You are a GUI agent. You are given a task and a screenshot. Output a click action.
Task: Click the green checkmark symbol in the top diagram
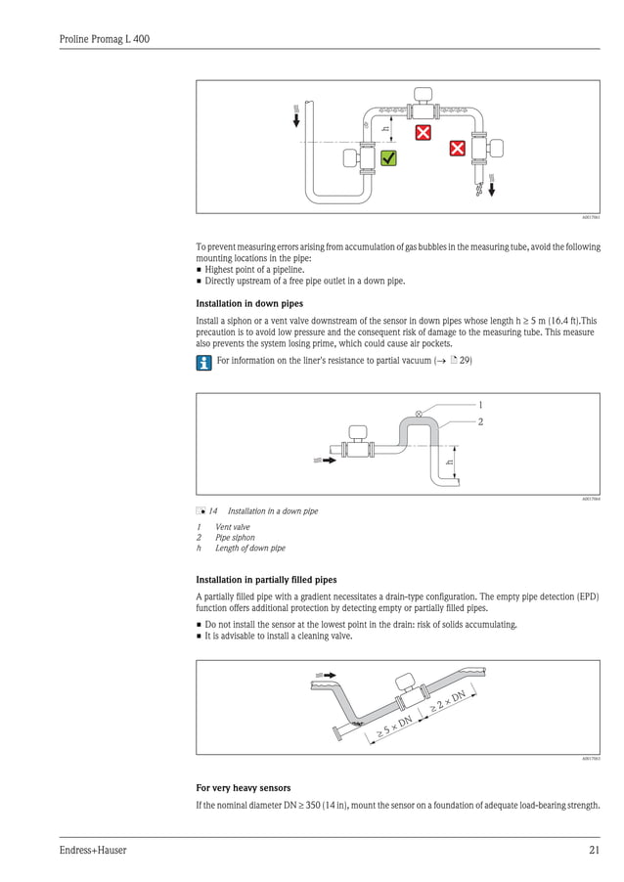pos(388,157)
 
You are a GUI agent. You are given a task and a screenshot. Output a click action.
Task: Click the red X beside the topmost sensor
pos(423,133)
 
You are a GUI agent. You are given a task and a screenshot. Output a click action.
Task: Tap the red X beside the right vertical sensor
pos(457,149)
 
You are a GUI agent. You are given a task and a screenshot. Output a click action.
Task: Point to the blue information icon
pos(203,363)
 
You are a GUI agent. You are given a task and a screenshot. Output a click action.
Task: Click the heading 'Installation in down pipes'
pos(249,303)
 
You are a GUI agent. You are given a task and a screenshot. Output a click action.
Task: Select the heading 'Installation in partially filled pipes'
pos(266,580)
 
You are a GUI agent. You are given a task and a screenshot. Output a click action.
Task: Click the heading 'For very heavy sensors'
pos(244,787)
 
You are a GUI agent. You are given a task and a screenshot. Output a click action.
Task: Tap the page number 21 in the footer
pos(594,851)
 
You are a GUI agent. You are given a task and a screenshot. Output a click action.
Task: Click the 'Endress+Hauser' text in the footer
pos(93,851)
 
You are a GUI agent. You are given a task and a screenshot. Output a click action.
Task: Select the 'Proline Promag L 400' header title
pos(104,39)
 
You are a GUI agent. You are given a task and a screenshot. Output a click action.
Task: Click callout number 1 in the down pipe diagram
pos(479,404)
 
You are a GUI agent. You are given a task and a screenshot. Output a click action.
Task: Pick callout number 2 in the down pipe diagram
pos(479,421)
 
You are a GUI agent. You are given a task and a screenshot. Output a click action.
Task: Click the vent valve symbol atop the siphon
pos(420,415)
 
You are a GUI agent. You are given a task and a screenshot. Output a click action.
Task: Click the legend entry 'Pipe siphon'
pos(235,538)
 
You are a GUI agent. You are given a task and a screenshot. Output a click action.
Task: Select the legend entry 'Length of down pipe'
pos(249,549)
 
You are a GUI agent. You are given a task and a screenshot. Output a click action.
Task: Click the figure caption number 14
pos(212,511)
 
